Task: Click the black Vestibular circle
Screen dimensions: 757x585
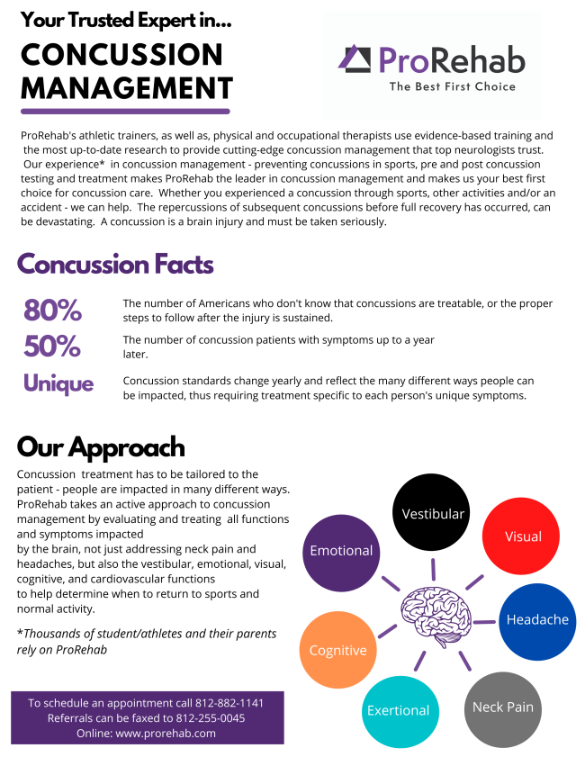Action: tap(433, 514)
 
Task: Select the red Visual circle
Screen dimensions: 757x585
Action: tap(523, 536)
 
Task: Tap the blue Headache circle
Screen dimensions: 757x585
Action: tap(537, 619)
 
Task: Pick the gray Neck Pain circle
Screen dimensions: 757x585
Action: tap(503, 707)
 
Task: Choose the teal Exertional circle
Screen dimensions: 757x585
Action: tap(398, 710)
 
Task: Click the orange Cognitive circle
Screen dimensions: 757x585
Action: tap(337, 650)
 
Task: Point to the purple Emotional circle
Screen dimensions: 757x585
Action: tap(341, 551)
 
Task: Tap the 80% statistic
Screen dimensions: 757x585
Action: tap(52, 311)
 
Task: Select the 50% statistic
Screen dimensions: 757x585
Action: tap(52, 347)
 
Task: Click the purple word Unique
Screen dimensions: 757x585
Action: tap(58, 383)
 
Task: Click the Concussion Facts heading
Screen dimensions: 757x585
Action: tap(115, 265)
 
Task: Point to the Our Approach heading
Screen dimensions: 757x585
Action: tap(101, 447)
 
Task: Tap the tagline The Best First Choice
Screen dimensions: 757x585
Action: tap(452, 86)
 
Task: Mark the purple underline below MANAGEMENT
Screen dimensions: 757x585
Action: tap(125, 111)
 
